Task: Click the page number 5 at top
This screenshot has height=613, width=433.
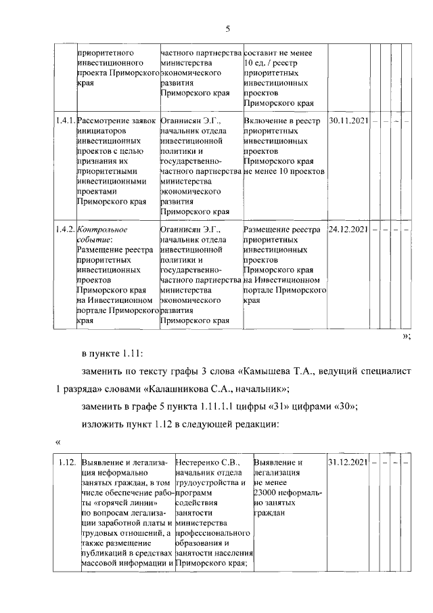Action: click(227, 28)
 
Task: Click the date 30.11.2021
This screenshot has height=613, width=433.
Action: click(347, 121)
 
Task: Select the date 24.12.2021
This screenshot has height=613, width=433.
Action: click(347, 229)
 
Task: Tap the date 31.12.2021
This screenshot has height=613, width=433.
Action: click(347, 463)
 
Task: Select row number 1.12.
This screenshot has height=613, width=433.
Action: click(66, 463)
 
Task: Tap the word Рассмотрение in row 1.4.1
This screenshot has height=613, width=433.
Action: click(111, 121)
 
